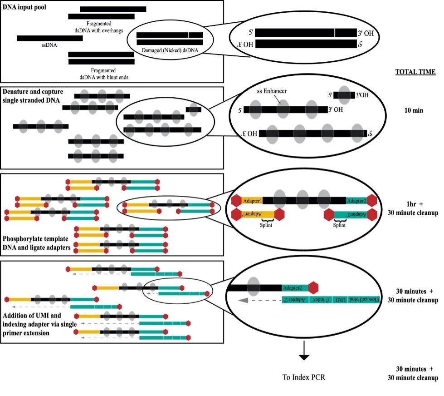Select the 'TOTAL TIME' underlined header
(415, 72)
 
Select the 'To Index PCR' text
(304, 377)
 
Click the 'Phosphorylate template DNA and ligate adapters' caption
(36, 243)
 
